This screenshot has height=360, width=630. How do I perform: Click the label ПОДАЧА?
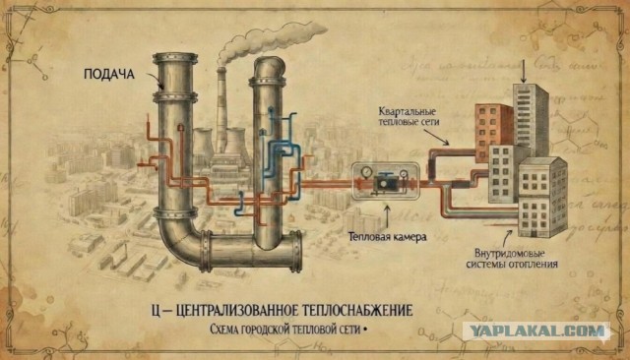click(x=108, y=74)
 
